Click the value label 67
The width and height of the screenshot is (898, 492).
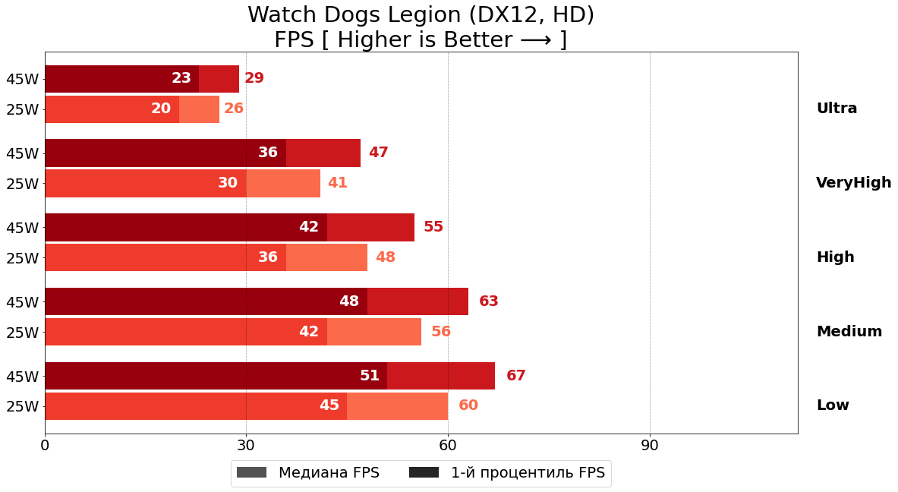point(515,376)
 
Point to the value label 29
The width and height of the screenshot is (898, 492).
point(254,78)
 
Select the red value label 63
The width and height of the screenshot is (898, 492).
point(488,301)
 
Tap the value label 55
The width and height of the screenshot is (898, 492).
point(433,227)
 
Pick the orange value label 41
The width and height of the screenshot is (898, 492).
point(337,183)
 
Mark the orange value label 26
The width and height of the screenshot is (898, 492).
point(234,109)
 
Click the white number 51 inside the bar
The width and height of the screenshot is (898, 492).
point(370,376)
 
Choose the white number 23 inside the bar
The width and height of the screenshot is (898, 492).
point(181,78)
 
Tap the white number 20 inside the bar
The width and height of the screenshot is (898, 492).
point(161,109)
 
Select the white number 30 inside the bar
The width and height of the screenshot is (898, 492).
point(228,183)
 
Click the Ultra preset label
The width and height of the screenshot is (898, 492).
point(837,109)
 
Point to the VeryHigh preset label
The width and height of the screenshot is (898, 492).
point(853,183)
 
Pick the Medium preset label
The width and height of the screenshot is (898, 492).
point(849,332)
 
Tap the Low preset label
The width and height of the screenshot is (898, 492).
point(833,405)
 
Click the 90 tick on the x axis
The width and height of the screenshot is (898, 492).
point(650,446)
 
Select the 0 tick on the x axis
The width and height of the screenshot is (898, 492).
point(45,446)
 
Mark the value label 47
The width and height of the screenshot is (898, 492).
point(378,153)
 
